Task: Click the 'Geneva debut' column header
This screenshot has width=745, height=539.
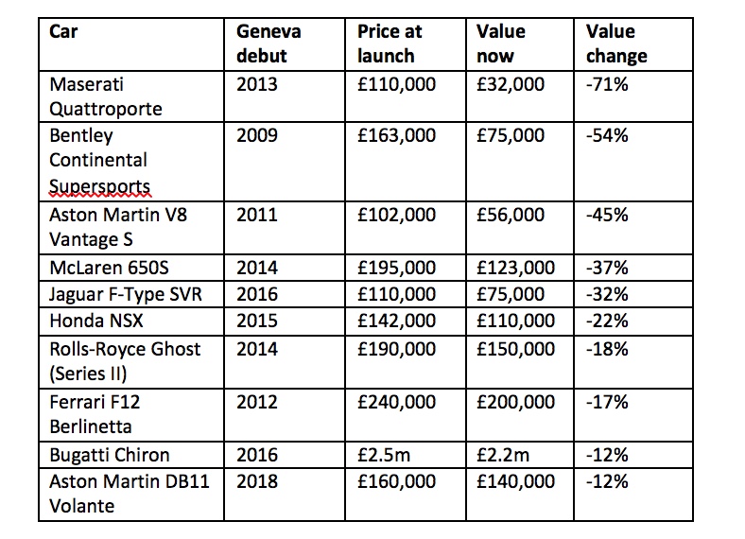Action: click(269, 43)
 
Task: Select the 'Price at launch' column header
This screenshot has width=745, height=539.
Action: click(390, 43)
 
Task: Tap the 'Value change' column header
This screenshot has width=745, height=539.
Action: click(616, 43)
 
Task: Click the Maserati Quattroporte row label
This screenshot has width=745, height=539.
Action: click(106, 96)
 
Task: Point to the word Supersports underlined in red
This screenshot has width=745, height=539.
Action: click(100, 186)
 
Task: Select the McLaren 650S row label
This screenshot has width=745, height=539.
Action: click(109, 268)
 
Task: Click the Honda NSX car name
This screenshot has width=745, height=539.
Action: click(96, 321)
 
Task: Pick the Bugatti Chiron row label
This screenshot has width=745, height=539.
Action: click(110, 455)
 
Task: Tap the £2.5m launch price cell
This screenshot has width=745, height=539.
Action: click(384, 455)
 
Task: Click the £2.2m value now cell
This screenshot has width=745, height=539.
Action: click(503, 455)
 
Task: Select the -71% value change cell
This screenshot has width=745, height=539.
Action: click(607, 84)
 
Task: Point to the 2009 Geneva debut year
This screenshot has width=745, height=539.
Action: click(257, 135)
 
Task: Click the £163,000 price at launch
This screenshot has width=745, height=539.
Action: click(396, 135)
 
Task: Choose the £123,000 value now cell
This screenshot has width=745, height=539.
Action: click(515, 268)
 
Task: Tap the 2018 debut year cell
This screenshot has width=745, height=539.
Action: click(257, 481)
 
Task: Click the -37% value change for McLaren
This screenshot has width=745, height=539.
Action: click(607, 268)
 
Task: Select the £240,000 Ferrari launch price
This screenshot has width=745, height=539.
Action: click(396, 402)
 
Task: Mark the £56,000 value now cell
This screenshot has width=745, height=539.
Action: click(511, 215)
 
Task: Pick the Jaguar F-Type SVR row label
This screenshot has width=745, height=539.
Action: click(126, 294)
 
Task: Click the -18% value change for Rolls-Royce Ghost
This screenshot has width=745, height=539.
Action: click(607, 349)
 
